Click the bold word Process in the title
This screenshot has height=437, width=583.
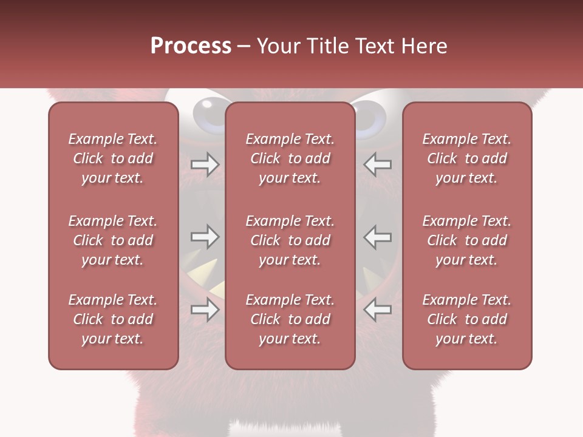(191, 46)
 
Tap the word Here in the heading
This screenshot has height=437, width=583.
(424, 46)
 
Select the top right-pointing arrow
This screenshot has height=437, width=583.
(205, 164)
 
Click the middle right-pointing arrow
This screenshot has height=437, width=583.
(205, 237)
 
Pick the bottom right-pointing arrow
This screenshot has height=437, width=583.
(205, 310)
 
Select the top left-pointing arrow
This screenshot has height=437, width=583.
(378, 164)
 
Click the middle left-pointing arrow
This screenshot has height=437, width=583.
(378, 237)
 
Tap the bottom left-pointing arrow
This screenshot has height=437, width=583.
(378, 310)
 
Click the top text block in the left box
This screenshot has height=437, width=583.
(113, 158)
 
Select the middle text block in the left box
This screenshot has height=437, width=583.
(113, 240)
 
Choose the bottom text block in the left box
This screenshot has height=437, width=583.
(113, 319)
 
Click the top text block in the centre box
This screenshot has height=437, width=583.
(290, 158)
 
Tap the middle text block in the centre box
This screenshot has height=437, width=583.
(290, 240)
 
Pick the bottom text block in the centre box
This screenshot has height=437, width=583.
(290, 319)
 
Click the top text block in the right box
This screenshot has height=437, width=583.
(467, 158)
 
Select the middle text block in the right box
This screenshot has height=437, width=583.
(467, 240)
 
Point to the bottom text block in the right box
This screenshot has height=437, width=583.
(467, 319)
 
